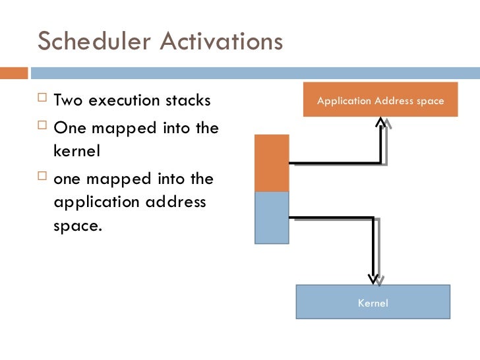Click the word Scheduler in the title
(x=95, y=41)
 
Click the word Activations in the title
(x=221, y=41)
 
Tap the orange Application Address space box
(x=380, y=100)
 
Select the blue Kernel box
(x=373, y=302)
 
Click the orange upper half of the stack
(x=272, y=163)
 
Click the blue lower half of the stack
(x=272, y=217)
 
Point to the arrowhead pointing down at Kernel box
(x=374, y=279)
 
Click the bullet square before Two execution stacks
(x=43, y=100)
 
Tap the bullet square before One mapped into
(x=43, y=127)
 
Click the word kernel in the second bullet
(x=76, y=151)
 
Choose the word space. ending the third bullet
(x=78, y=226)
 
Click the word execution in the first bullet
(x=124, y=101)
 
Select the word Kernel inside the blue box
(x=373, y=303)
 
